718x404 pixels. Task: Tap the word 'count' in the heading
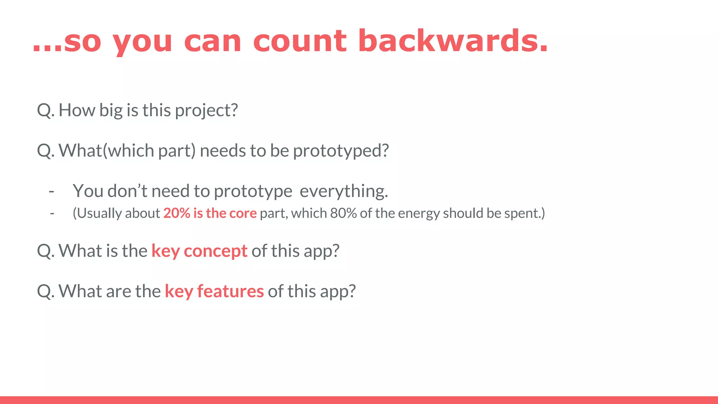[x=300, y=41]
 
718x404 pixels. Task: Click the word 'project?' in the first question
[x=206, y=110]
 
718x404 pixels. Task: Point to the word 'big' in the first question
[x=111, y=110]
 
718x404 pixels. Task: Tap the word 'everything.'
[x=344, y=191]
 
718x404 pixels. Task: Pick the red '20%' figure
[x=177, y=213]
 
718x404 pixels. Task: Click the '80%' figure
[x=343, y=213]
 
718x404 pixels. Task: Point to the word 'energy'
[x=419, y=213]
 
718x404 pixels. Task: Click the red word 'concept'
[x=215, y=251]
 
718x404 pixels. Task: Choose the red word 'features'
[x=230, y=291]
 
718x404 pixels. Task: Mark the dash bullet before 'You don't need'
[x=52, y=191]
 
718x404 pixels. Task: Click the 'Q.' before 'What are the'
[x=46, y=291]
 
